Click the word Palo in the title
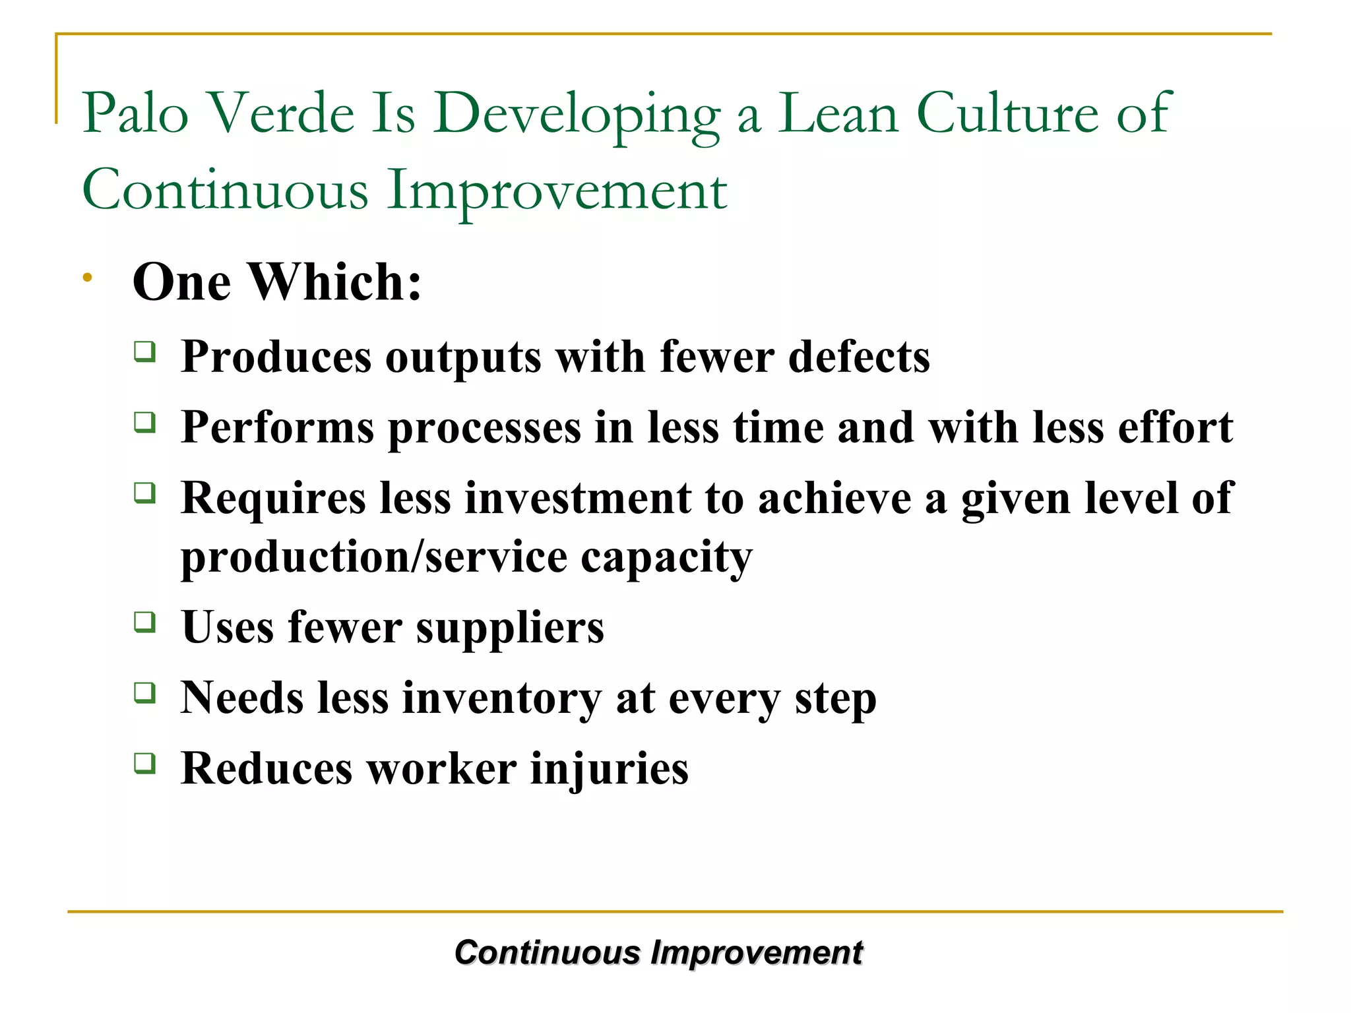click(135, 113)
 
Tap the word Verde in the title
click(282, 113)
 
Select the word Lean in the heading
click(838, 113)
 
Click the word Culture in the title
click(1007, 113)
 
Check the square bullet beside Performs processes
click(144, 422)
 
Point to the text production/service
click(373, 557)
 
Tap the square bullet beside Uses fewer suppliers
click(144, 622)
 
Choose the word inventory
click(501, 698)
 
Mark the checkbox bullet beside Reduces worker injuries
click(144, 763)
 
